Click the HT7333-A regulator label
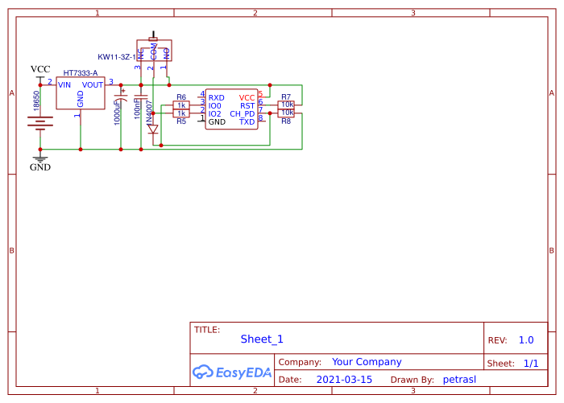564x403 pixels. coord(80,73)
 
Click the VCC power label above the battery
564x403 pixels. coord(40,69)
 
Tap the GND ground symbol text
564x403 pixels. coord(40,167)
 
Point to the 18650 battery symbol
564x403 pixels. coord(40,122)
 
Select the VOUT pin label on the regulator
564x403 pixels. coord(93,84)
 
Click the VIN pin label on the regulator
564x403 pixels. coord(64,84)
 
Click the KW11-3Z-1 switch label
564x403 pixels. coord(116,57)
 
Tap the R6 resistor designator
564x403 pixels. coord(181,97)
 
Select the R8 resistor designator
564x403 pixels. coord(286,121)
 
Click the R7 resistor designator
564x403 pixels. coord(286,97)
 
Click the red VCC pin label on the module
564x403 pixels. coord(247,97)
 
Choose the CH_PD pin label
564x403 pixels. coord(243,114)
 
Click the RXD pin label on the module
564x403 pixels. coord(217,97)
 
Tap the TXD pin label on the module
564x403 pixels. coord(247,122)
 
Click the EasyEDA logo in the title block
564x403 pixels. coord(232,372)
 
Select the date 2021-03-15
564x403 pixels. coord(344,380)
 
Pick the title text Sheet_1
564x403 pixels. coord(262,339)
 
